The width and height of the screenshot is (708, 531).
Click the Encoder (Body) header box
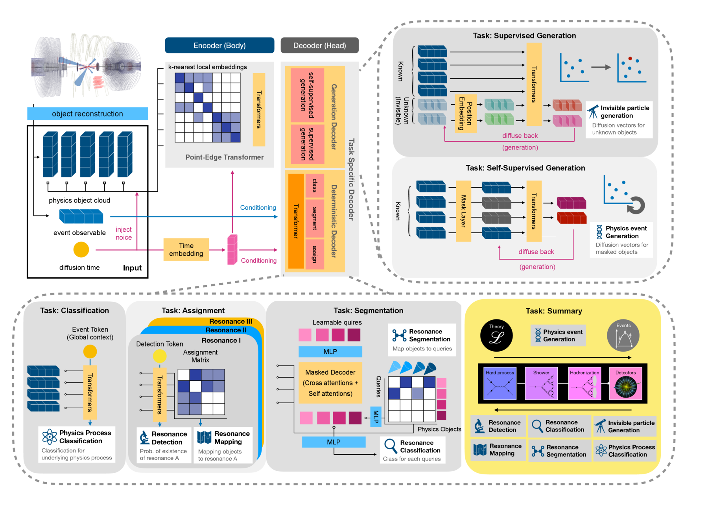[x=219, y=45]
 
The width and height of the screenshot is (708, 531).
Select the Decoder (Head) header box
[x=319, y=45]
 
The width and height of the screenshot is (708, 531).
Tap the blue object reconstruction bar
[x=87, y=114]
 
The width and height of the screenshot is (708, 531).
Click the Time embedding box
[x=186, y=249]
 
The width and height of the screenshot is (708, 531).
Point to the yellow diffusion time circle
[x=81, y=249]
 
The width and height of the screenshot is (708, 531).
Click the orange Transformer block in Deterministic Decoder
[x=296, y=221]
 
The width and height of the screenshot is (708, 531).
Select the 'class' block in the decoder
[x=315, y=186]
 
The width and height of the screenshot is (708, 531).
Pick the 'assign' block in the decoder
[x=315, y=254]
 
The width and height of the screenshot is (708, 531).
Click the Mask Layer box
[x=463, y=211]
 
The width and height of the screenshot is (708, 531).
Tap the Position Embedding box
[x=465, y=113]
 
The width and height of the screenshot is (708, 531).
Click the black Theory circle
[x=496, y=335]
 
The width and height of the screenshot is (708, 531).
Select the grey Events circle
[x=623, y=335]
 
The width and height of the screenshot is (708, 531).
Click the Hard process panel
[x=500, y=383]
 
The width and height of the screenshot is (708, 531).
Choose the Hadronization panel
[x=584, y=383]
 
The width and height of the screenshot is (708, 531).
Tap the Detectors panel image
[x=625, y=383]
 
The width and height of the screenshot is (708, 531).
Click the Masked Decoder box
[x=330, y=383]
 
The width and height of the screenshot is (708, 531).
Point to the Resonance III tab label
[x=230, y=321]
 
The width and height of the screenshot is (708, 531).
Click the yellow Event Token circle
[x=90, y=351]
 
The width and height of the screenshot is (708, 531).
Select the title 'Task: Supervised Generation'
[x=524, y=36]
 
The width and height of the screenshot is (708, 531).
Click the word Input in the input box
[x=132, y=268]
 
